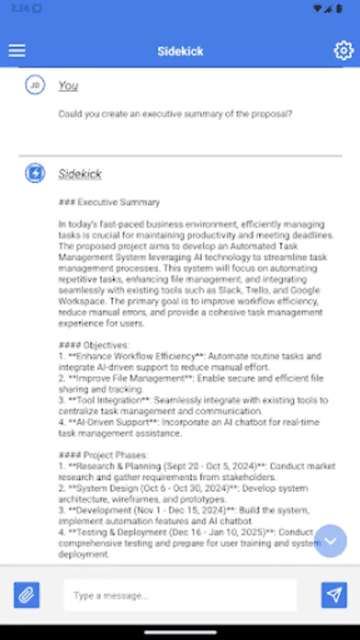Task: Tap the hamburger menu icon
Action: [17, 50]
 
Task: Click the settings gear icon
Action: [344, 50]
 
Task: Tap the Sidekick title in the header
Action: [179, 51]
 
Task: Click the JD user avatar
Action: [34, 85]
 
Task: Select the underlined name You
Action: [68, 86]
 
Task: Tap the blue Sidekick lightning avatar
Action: [34, 174]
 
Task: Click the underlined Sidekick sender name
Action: [80, 174]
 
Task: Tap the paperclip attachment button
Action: [26, 595]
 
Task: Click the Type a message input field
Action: [180, 595]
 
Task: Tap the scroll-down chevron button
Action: [331, 541]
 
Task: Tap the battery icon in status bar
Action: [339, 9]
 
